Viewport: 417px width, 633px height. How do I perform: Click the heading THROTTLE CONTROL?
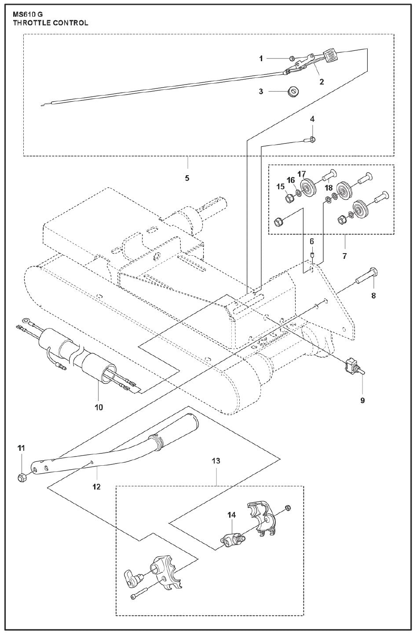click(51, 22)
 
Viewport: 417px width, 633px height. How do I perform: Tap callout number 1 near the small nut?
click(261, 59)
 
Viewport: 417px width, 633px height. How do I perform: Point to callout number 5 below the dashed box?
click(187, 178)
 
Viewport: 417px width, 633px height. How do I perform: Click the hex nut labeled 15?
click(290, 199)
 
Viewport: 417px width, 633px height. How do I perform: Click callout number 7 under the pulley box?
click(344, 255)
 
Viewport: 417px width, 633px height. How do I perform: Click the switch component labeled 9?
click(353, 365)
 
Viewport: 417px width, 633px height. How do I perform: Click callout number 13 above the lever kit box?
click(216, 461)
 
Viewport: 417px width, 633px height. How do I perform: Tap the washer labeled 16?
click(299, 192)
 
